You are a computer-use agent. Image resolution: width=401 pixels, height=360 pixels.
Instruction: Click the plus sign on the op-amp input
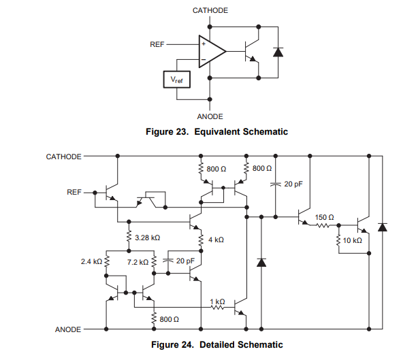(204, 44)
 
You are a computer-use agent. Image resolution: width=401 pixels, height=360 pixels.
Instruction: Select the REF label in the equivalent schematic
(157, 44)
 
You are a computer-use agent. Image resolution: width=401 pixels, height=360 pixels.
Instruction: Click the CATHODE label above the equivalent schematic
(210, 10)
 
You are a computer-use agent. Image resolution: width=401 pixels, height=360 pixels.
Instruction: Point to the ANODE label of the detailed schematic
(68, 329)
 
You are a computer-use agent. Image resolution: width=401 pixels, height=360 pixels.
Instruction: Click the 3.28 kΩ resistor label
(148, 238)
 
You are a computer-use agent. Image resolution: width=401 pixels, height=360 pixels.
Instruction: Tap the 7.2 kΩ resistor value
(138, 262)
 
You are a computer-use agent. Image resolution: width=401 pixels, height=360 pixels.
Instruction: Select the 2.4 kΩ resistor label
(91, 261)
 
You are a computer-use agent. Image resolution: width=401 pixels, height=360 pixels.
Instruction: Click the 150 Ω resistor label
(324, 217)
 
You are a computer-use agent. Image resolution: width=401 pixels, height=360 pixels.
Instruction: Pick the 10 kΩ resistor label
(353, 240)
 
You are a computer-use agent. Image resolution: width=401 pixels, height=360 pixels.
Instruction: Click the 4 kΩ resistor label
(216, 240)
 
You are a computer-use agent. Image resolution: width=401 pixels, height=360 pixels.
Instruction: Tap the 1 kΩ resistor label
(217, 301)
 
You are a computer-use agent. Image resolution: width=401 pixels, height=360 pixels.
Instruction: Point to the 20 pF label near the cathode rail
(293, 184)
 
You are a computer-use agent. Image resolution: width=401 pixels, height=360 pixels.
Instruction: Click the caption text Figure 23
(167, 131)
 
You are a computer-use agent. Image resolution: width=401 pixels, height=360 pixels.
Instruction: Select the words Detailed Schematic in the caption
(241, 344)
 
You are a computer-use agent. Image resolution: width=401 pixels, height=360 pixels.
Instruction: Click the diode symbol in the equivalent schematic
(278, 52)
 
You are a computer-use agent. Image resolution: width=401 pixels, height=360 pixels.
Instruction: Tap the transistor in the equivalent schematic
(252, 52)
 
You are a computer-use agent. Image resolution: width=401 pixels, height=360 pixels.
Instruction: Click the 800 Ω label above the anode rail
(169, 319)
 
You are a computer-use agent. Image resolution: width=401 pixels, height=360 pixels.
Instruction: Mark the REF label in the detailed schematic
(74, 192)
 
